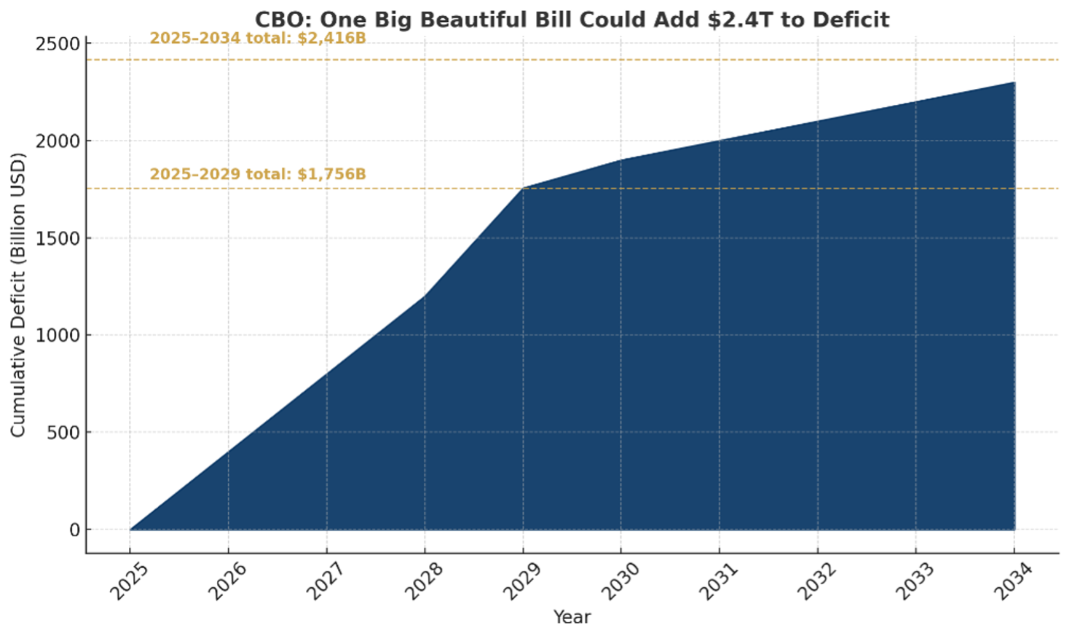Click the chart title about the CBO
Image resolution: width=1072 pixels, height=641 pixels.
coord(572,20)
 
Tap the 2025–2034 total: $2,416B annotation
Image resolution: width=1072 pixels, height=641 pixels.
coord(258,38)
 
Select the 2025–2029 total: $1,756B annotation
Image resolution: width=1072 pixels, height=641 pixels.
coord(258,174)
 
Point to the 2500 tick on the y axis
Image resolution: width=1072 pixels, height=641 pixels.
coord(58,44)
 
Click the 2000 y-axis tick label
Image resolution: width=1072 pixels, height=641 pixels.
coord(58,141)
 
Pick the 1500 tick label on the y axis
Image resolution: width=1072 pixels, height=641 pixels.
coord(58,238)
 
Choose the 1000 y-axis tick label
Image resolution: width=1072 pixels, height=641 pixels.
coord(58,336)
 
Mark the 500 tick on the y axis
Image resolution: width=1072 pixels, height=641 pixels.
coord(63,433)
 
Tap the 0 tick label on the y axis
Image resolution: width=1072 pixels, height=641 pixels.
coord(74,530)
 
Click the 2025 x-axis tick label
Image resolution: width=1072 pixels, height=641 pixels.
coord(130,581)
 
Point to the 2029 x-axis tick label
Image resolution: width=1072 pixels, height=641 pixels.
coord(522,581)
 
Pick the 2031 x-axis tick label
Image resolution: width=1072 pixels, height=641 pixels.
coord(719,581)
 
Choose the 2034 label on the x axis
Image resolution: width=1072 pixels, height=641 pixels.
coord(1014,581)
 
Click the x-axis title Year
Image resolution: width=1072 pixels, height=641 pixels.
coord(572,617)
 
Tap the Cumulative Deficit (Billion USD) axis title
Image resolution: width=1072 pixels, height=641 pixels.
coord(18,294)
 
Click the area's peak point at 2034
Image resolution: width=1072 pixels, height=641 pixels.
coord(1014,82)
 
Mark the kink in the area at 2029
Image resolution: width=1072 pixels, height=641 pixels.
coord(523,188)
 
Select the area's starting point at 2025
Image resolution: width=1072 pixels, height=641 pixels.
coord(130,530)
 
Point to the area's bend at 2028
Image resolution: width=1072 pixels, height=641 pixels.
coord(425,296)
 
